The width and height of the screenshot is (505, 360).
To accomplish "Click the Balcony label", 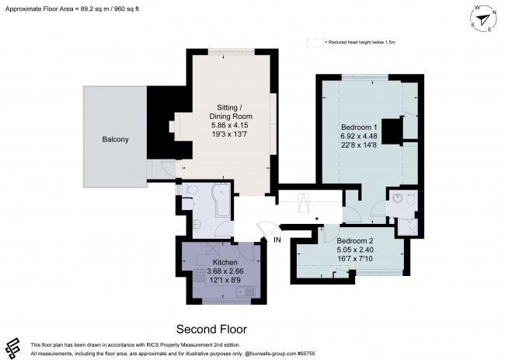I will tap(115, 139).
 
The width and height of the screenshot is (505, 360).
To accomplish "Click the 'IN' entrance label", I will tap(277, 239).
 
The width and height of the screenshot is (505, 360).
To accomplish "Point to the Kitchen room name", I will tap(225, 262).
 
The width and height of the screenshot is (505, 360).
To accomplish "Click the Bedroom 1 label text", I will tap(359, 127).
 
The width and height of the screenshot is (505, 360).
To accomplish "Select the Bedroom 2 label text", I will tap(355, 240).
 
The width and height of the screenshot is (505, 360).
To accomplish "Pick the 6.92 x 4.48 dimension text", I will tap(359, 136).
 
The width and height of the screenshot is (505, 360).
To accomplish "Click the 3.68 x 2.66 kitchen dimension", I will tap(225, 271).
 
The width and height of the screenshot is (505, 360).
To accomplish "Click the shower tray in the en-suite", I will tap(406, 226).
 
